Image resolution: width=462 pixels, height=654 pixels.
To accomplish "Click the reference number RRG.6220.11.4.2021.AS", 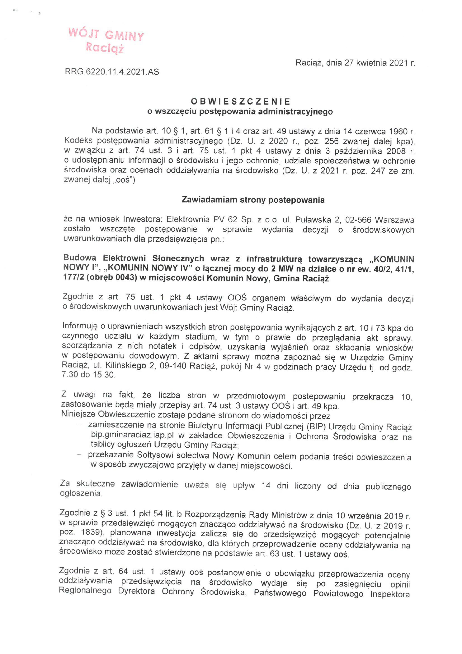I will point(112,72).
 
